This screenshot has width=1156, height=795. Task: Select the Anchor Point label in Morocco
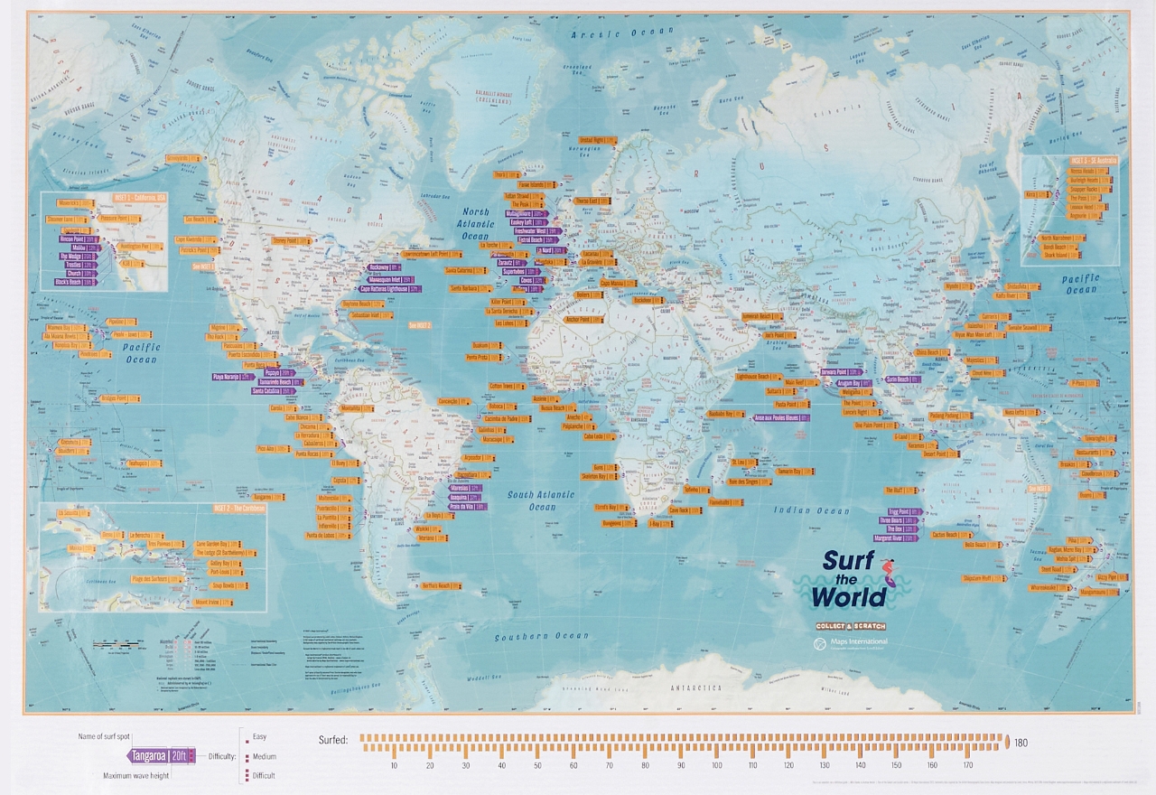pos(582,319)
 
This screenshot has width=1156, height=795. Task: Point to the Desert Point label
pos(939,454)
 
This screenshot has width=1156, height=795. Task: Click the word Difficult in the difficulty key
pos(265,775)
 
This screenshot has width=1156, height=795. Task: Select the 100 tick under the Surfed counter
pos(716,766)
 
